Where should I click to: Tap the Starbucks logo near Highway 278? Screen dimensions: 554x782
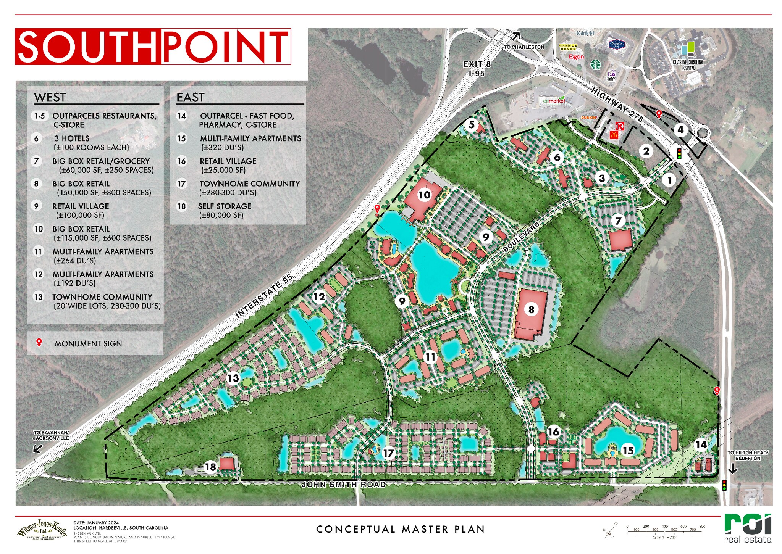click(x=595, y=64)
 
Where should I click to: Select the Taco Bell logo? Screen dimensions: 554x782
click(x=611, y=75)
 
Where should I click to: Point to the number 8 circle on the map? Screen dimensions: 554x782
click(x=531, y=309)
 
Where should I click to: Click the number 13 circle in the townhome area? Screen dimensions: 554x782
click(x=233, y=378)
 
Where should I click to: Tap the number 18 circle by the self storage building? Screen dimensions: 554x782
click(x=210, y=466)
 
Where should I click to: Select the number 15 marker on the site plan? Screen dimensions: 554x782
click(x=628, y=450)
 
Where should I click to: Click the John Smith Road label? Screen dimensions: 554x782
click(x=343, y=485)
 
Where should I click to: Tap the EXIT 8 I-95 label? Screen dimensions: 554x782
click(x=477, y=69)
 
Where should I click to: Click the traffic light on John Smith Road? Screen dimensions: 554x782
click(x=724, y=485)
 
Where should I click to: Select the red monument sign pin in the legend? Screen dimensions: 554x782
click(x=39, y=342)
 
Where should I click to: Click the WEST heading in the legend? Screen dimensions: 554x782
click(x=50, y=97)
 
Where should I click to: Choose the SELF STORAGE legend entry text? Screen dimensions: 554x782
click(x=225, y=206)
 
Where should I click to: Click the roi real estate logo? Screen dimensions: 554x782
click(x=747, y=528)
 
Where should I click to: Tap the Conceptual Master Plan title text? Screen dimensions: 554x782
click(x=401, y=529)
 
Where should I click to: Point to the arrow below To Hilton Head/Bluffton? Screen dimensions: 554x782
click(x=732, y=469)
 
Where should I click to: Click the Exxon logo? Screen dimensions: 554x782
click(x=576, y=57)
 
